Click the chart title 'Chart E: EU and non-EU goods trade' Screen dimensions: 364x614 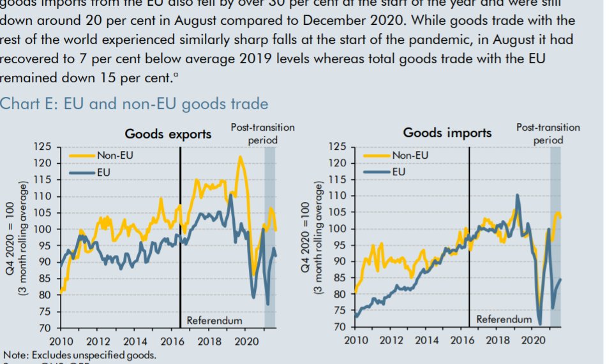(134, 103)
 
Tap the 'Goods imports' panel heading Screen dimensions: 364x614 (447, 133)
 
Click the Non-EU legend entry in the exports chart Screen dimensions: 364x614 (116, 154)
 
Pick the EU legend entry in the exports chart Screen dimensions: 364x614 (102, 171)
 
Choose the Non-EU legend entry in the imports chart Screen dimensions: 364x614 (410, 155)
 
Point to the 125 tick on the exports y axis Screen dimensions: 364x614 (43, 147)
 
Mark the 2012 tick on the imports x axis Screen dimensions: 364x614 (391, 341)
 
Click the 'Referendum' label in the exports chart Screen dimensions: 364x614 (214, 320)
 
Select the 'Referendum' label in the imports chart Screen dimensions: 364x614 (504, 319)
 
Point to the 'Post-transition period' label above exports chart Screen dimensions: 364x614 (262, 133)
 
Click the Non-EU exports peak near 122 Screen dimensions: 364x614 (241, 157)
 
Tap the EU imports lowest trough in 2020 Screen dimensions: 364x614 (540, 324)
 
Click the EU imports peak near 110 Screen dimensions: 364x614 (516, 195)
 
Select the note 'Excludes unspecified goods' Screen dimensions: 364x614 (80, 355)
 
